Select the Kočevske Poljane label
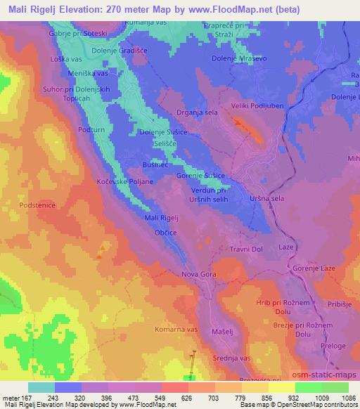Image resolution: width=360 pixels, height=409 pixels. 122,181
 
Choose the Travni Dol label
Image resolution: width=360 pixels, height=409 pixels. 245,249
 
